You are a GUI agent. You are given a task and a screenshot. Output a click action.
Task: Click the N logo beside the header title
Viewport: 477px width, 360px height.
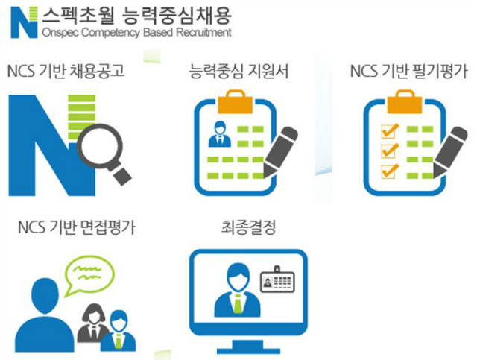click(23, 22)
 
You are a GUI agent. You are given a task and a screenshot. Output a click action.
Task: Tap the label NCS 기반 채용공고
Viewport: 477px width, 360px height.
click(66, 72)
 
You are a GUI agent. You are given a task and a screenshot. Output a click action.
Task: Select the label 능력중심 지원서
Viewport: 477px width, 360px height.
click(239, 72)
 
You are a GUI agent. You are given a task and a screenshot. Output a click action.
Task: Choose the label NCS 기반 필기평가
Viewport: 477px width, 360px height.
click(408, 72)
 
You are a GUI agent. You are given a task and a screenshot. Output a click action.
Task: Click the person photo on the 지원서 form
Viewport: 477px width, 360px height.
click(220, 135)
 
